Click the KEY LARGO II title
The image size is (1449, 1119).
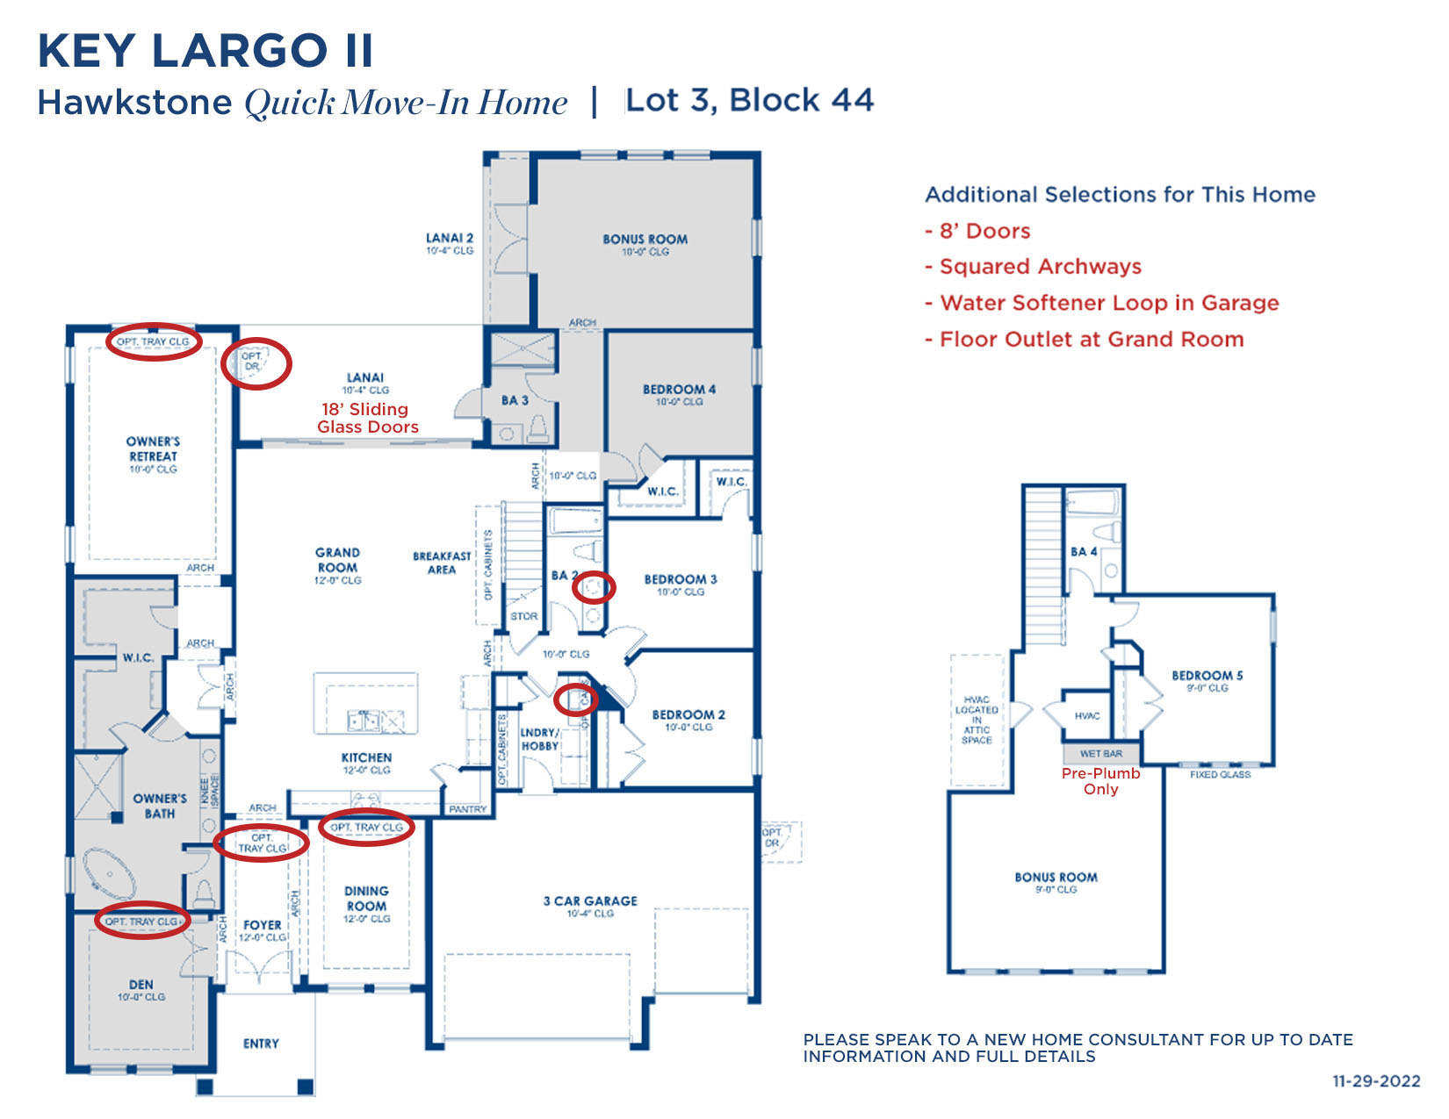(x=205, y=51)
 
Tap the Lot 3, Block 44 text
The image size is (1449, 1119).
(x=749, y=100)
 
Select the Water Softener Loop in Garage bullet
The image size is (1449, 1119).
(x=1102, y=303)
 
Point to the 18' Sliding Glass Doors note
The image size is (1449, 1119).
(x=367, y=418)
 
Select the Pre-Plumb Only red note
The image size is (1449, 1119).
(x=1100, y=781)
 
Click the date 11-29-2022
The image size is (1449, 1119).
(x=1375, y=1081)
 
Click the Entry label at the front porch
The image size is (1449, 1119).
(x=261, y=1044)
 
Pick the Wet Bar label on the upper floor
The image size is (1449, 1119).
(x=1100, y=754)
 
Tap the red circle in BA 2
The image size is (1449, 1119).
(x=594, y=587)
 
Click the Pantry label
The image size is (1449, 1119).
(x=467, y=808)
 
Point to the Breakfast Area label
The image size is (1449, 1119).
(x=442, y=562)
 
